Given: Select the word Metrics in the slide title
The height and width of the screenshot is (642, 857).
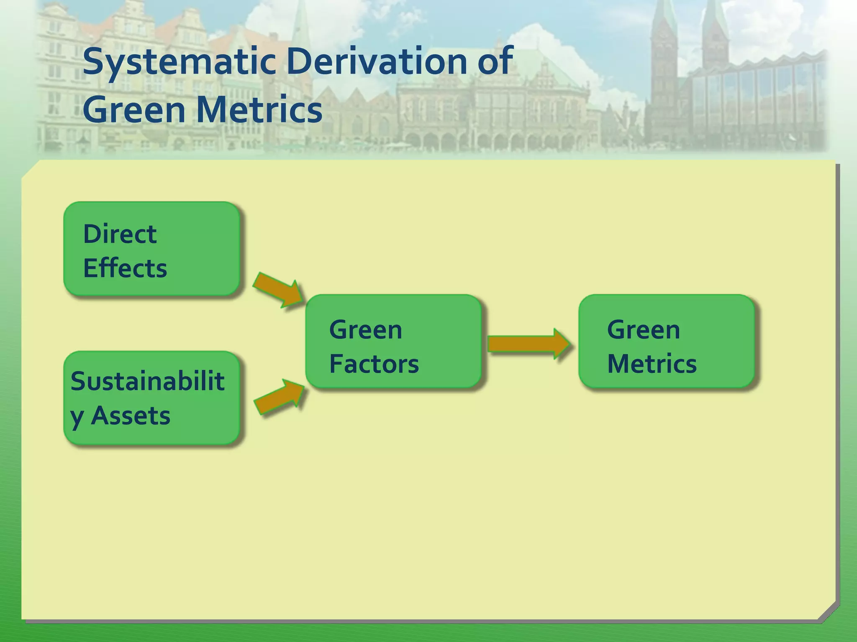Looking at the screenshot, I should pos(259,110).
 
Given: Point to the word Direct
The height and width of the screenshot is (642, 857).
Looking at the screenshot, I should pos(120,234).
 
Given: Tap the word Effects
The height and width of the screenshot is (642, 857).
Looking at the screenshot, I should pos(125,268).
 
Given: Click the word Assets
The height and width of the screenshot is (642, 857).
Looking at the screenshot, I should pos(131,416).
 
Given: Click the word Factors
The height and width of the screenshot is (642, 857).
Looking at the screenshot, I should pos(374,364).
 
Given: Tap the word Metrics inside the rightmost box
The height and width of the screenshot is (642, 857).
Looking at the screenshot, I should pos(652,364).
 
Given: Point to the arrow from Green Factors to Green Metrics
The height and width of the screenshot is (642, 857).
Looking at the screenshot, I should pos(528,344).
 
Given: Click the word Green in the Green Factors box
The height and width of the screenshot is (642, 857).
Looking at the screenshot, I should pos(365,330).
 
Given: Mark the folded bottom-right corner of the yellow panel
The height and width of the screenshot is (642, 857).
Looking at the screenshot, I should pos(828,611).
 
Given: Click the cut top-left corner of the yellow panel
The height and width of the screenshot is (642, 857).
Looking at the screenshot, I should pos(30,169).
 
